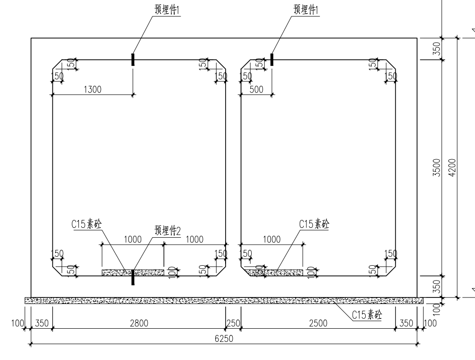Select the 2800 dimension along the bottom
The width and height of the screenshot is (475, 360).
tap(139, 323)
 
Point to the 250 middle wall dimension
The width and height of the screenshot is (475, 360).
tap(232, 323)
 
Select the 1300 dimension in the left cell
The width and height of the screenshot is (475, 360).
tap(92, 90)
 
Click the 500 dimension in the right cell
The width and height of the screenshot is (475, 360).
tap(256, 90)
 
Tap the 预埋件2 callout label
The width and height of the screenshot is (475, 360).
tap(168, 231)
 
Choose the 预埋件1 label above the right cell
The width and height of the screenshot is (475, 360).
tap(306, 9)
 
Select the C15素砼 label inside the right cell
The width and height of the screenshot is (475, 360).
tap(314, 224)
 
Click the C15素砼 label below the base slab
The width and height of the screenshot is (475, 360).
tap(367, 315)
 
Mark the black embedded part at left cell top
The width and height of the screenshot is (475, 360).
tap(133, 60)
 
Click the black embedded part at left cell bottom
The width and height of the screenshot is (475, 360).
tap(133, 277)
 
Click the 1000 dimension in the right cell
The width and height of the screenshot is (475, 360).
tap(271, 240)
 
